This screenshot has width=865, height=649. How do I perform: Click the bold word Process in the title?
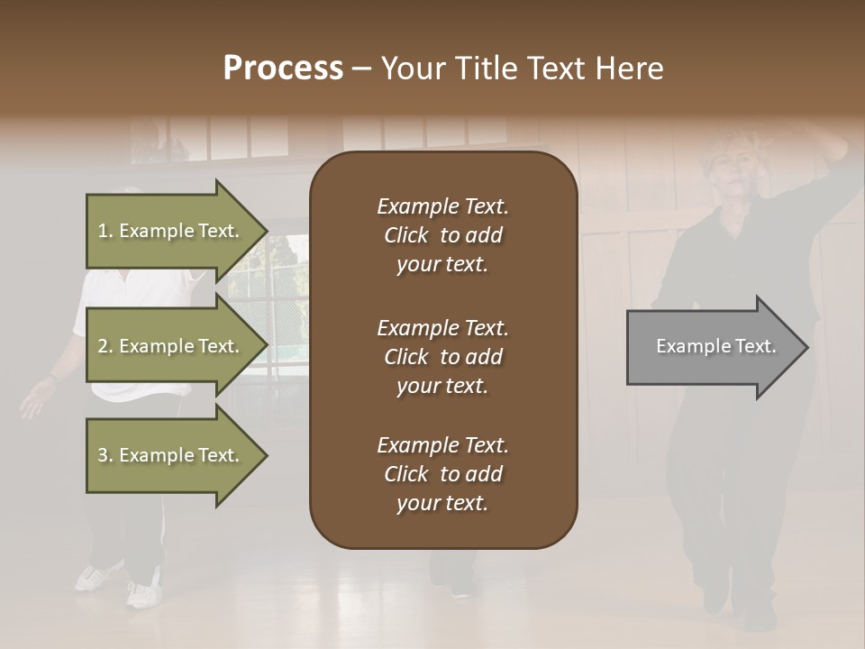283,69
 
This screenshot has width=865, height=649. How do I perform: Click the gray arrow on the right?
712,347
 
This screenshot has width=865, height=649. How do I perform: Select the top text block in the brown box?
442,235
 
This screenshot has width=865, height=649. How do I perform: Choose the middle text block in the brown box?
442,357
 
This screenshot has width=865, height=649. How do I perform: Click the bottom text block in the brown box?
442,474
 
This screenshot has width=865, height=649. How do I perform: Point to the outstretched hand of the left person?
34,400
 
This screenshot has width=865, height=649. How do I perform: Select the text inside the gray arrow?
715,347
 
